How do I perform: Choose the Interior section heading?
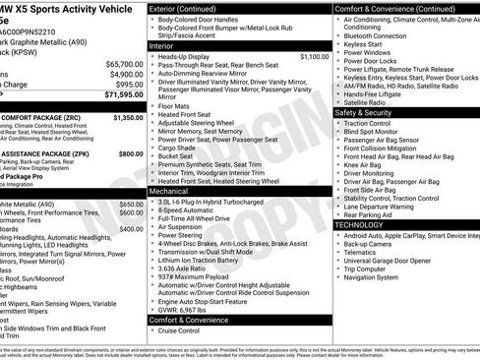click(161, 45)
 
